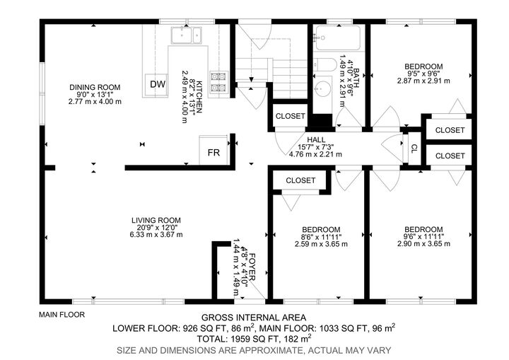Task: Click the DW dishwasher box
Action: [x=157, y=85]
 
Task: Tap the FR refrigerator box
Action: [x=213, y=153]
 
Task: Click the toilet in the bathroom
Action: [x=324, y=64]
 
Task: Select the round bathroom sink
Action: [x=324, y=90]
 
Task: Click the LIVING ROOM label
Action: [x=156, y=219]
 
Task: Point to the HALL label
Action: [x=315, y=139]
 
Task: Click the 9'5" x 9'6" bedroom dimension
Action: [x=423, y=72]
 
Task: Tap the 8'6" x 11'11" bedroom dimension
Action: [x=321, y=237]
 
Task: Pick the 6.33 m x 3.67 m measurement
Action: [x=156, y=235]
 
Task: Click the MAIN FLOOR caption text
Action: [x=62, y=314]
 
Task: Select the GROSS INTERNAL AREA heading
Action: [x=254, y=318]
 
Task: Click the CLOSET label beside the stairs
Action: [x=290, y=116]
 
